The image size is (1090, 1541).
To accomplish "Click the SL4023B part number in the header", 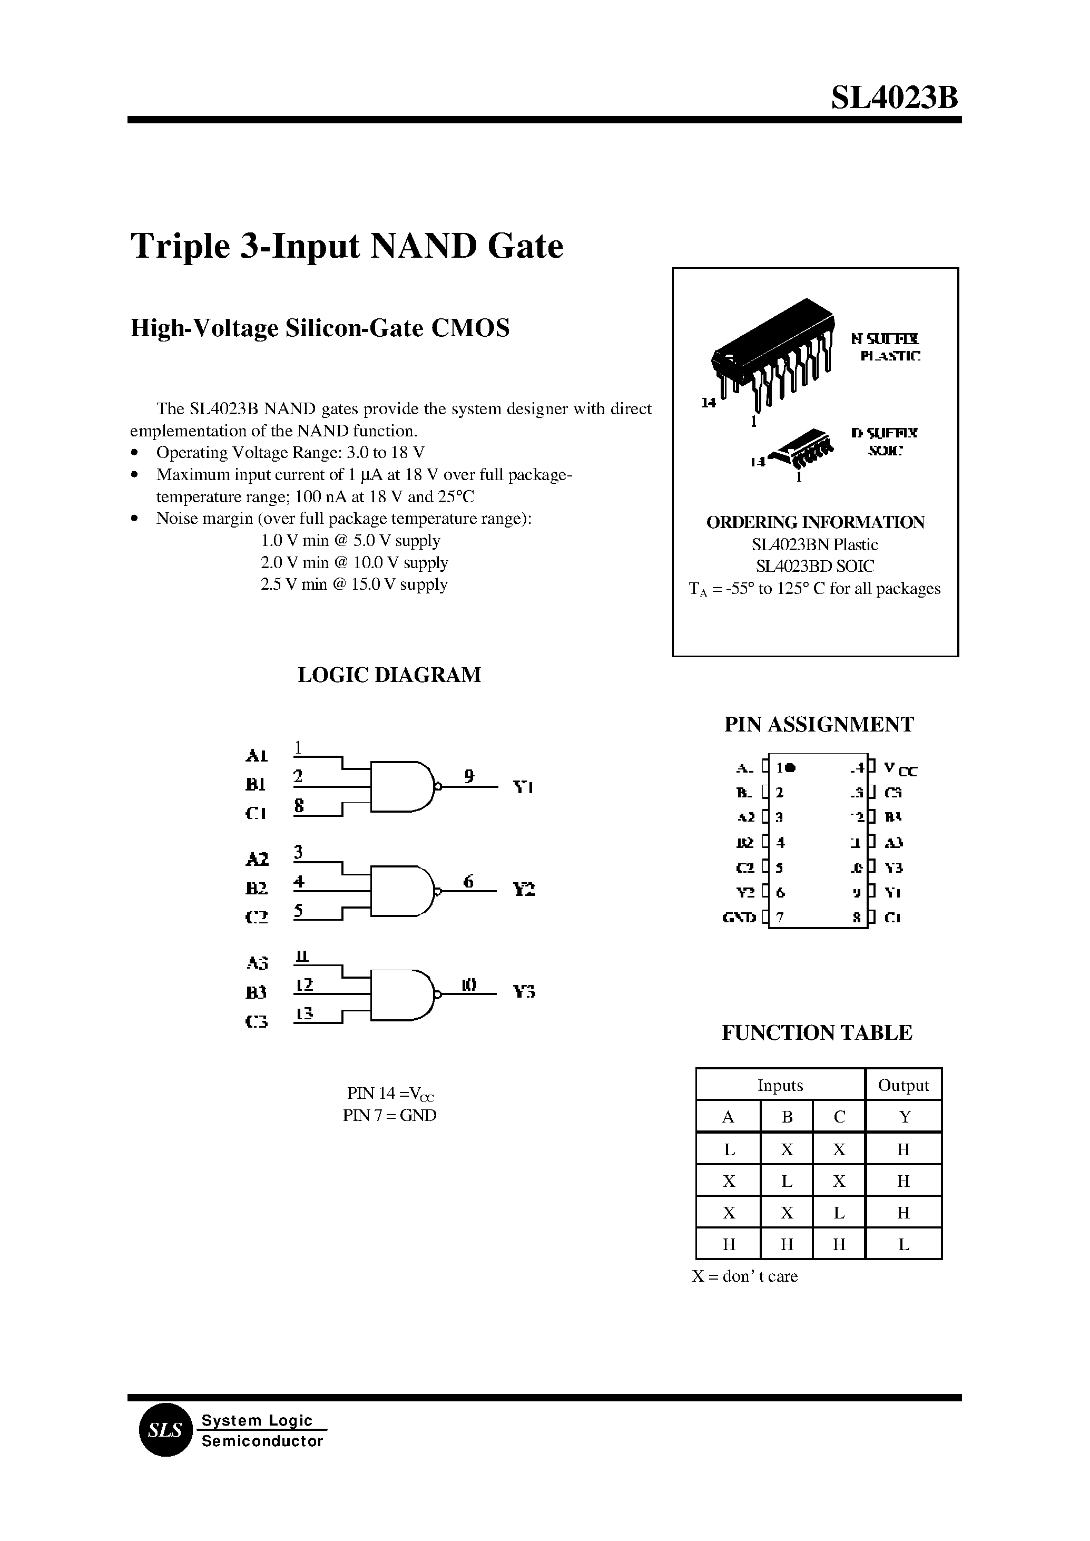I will point(894,98).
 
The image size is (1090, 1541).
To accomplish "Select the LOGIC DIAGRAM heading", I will point(389,675).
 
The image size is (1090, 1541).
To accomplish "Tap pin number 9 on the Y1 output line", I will point(469,776).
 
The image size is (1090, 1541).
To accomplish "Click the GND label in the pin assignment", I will point(739,917).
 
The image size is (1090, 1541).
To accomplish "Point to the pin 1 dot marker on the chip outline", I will point(791,767).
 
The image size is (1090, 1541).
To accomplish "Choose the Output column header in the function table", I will point(904,1085).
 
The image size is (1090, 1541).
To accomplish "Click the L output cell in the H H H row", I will point(904,1244).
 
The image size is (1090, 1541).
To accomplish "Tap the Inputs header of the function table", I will point(780,1085).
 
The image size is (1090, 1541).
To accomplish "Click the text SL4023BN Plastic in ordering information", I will point(815,544).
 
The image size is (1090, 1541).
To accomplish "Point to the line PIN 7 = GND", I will point(389,1115).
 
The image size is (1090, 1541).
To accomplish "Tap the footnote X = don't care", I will point(745,1276).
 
